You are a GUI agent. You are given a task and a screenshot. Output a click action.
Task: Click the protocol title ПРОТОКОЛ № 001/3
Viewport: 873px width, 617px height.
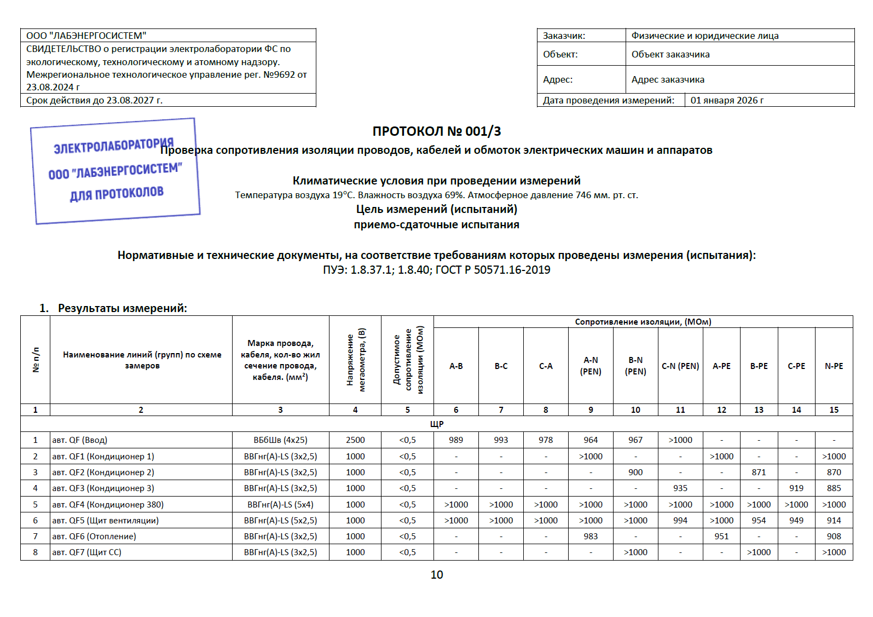[436, 131]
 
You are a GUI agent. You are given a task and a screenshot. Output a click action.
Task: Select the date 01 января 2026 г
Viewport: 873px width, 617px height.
[727, 100]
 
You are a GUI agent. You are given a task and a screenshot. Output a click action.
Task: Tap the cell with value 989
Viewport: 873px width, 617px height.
[455, 440]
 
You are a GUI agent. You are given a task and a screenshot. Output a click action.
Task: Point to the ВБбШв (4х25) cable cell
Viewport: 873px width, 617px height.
[280, 440]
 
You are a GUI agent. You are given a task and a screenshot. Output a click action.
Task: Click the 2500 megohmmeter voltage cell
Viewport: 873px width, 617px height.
[355, 440]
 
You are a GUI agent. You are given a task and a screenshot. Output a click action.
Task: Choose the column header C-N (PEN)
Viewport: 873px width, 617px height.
[680, 366]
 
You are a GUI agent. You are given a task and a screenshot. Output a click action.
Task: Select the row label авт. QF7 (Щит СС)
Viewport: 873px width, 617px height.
[86, 552]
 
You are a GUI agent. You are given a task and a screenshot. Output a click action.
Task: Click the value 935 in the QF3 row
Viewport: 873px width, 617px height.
[680, 488]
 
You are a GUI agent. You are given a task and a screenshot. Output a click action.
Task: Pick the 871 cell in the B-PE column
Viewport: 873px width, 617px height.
[759, 472]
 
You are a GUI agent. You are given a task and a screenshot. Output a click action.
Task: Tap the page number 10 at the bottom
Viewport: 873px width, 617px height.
[436, 575]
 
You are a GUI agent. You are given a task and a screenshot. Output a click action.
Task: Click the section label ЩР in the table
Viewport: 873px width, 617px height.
[436, 424]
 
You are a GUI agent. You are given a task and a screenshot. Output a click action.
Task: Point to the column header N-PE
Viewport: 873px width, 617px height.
[834, 366]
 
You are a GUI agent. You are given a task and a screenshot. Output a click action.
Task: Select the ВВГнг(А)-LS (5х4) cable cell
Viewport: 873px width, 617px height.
[280, 505]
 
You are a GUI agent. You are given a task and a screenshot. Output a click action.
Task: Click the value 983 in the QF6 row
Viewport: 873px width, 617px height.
[591, 537]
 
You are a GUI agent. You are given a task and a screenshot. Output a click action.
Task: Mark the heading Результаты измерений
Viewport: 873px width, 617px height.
[122, 308]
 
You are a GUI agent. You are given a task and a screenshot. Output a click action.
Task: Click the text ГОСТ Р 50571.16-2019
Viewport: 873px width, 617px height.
[493, 270]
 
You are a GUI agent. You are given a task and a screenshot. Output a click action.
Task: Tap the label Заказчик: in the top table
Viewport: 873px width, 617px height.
[564, 36]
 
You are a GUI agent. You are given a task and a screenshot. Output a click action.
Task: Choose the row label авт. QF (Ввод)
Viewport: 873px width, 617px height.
[80, 440]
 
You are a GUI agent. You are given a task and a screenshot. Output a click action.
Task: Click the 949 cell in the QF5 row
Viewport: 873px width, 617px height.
[796, 521]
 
